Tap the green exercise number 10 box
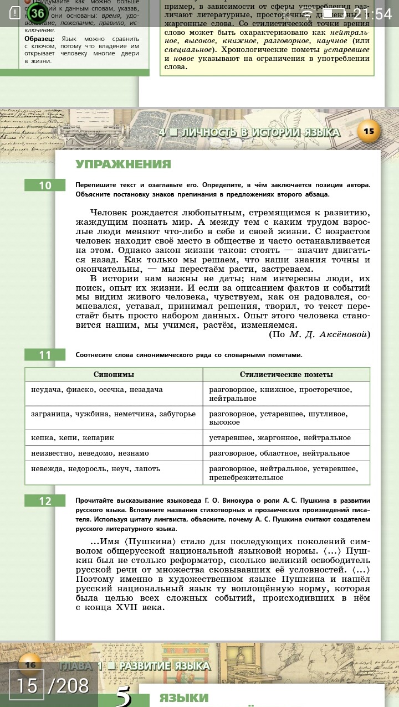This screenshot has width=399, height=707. [45, 185]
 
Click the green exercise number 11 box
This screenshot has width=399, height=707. [45, 355]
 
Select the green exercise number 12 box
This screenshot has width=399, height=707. [45, 501]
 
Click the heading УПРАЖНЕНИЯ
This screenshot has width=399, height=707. [123, 164]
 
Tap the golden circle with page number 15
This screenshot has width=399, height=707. [369, 131]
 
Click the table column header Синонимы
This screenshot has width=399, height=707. [114, 375]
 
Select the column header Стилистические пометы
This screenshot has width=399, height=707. [286, 375]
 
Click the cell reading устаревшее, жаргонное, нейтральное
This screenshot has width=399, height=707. [280, 438]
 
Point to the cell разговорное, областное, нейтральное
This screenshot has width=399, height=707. [279, 453]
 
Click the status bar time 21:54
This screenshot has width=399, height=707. [372, 13]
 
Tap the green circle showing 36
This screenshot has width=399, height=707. [37, 13]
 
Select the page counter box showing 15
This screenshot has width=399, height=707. [27, 686]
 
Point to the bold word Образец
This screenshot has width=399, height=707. [39, 39]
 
